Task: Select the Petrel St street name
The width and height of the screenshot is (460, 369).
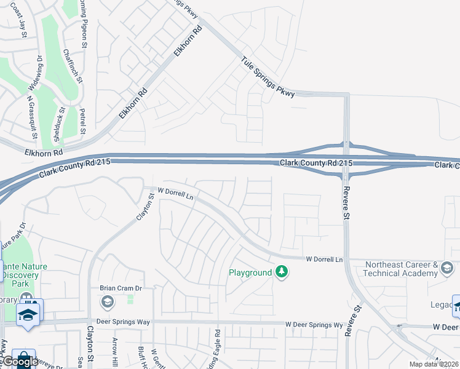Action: pos(82,122)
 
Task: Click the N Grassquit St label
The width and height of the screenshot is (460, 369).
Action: pos(31,116)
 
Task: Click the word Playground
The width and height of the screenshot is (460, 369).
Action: pos(250,272)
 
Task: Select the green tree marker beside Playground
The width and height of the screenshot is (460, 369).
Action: pos(282,271)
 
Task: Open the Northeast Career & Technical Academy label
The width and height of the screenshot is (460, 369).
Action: pos(400,269)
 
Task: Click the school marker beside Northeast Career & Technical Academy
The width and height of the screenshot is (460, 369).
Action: pos(447,268)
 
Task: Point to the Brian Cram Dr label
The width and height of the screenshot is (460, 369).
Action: pos(121,288)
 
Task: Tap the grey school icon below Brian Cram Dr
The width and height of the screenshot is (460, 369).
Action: pos(108,301)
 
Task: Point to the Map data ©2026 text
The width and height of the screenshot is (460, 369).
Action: pos(434,364)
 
